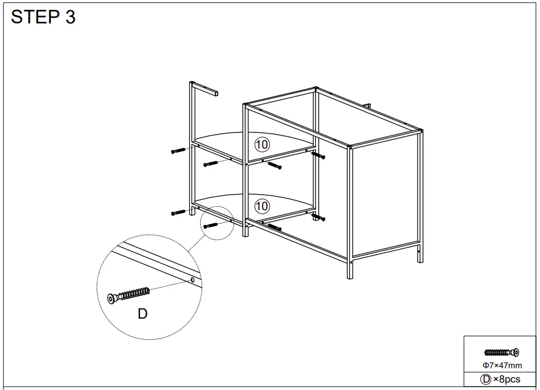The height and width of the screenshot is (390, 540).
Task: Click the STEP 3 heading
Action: (43, 17)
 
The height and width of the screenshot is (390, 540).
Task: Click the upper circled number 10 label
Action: (262, 144)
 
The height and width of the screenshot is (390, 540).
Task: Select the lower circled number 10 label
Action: (262, 205)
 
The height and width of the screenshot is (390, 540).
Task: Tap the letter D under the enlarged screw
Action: (143, 313)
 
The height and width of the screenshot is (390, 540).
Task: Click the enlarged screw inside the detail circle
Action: (129, 295)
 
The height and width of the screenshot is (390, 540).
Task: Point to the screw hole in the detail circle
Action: (193, 280)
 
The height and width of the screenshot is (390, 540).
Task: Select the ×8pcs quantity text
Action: (507, 379)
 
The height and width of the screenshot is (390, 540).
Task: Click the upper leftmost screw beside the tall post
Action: (179, 151)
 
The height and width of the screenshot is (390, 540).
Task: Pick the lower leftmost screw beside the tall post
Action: (179, 212)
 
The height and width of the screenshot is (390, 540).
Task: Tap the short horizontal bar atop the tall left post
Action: (206, 89)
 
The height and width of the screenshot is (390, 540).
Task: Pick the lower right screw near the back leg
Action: (318, 218)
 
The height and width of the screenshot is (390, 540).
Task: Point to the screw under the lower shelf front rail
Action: (274, 227)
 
